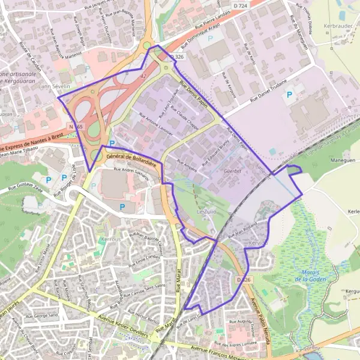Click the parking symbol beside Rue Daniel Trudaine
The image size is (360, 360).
[x=289, y=94]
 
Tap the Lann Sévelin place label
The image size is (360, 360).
[x=54, y=87]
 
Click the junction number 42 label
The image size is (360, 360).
[x=143, y=77]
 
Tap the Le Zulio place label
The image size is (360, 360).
[x=206, y=212]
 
